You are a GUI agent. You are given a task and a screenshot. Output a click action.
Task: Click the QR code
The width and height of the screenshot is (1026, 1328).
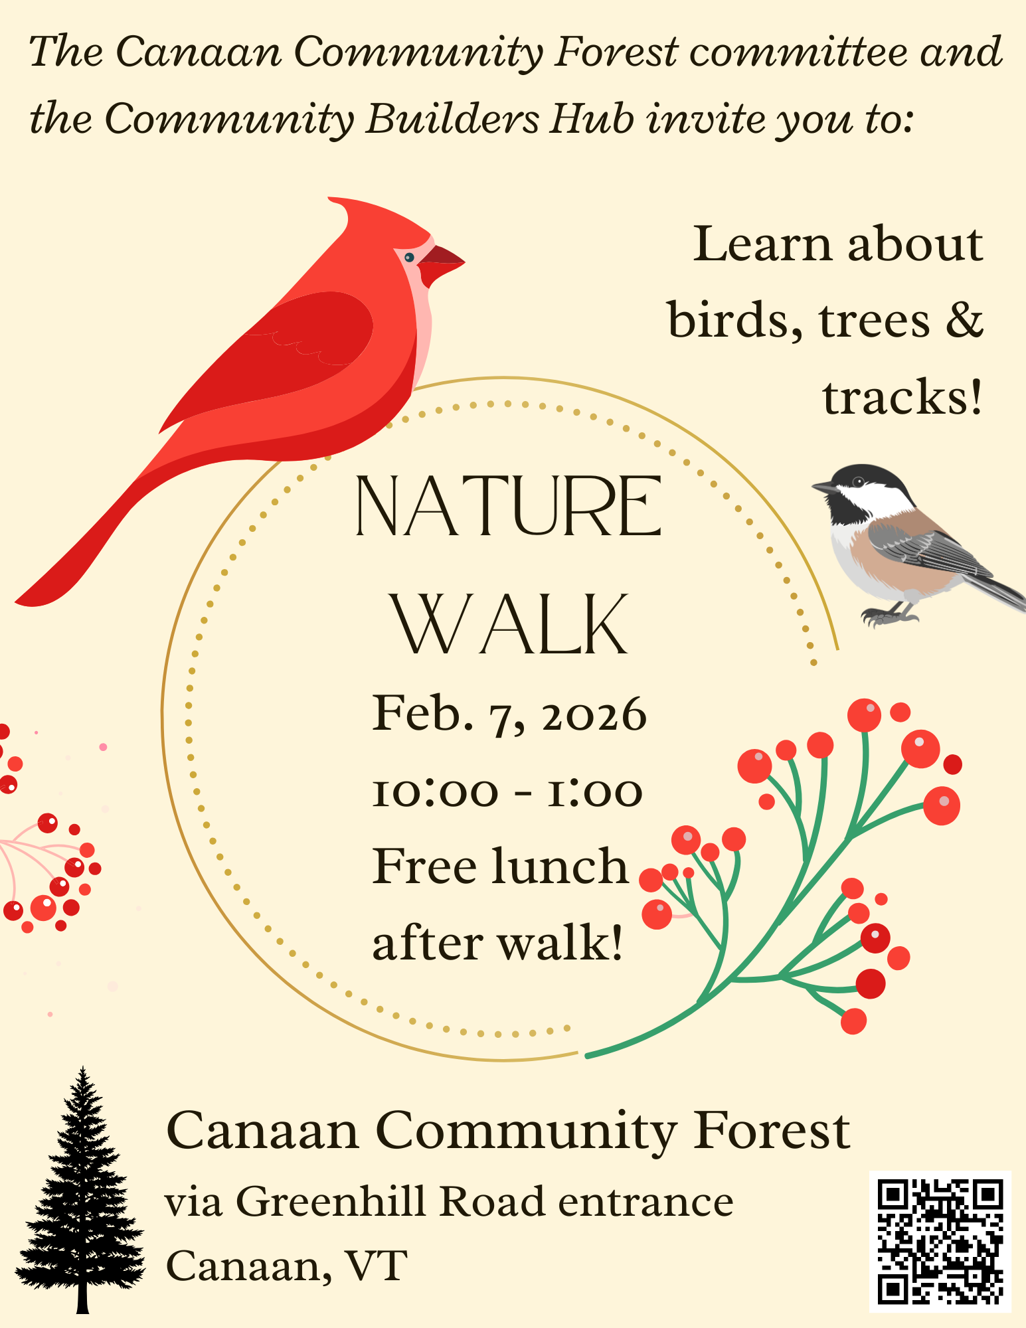pyautogui.click(x=940, y=1241)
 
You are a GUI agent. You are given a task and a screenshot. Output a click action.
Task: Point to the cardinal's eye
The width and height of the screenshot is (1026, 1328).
pyautogui.click(x=409, y=257)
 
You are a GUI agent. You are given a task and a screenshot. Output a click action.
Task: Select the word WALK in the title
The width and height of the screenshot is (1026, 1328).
pyautogui.click(x=510, y=624)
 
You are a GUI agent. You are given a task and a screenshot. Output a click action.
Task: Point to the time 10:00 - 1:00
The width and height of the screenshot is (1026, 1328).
pyautogui.click(x=507, y=791)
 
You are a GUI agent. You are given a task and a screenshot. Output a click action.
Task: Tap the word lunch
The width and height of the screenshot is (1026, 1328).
pyautogui.click(x=560, y=866)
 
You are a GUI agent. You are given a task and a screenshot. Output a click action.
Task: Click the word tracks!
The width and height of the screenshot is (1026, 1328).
pyautogui.click(x=902, y=397)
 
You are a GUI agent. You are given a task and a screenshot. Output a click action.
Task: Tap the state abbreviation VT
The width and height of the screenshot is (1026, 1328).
pyautogui.click(x=376, y=1266)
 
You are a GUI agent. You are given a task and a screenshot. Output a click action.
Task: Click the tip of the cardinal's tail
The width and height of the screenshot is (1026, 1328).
pyautogui.click(x=16, y=602)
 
